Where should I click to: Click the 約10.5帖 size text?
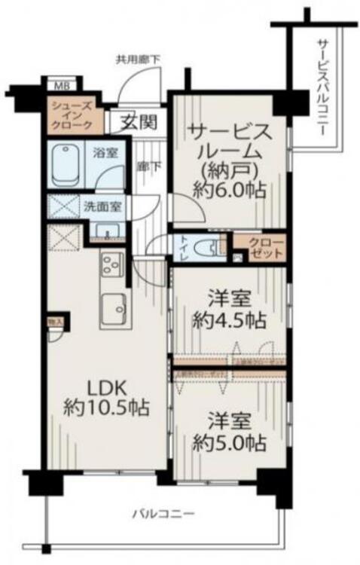105,409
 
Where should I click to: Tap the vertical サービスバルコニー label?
322,87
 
